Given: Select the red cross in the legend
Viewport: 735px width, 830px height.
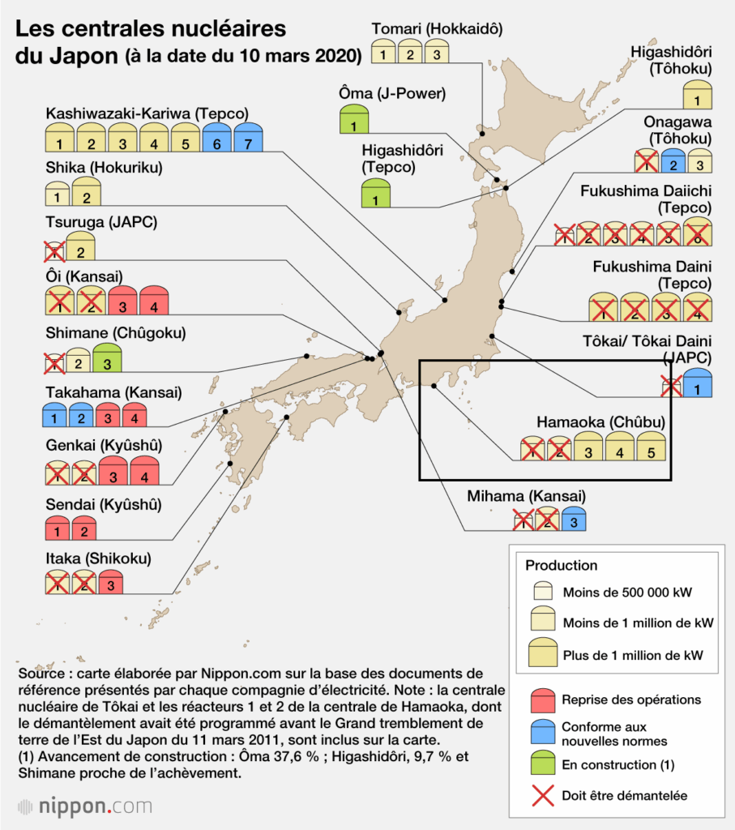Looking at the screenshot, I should (x=541, y=795).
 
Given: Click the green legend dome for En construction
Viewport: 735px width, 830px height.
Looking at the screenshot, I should (x=541, y=764).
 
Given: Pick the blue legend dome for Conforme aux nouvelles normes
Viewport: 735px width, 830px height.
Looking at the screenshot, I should (x=541, y=733).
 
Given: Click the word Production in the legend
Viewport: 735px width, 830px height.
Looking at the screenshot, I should (x=561, y=566).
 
